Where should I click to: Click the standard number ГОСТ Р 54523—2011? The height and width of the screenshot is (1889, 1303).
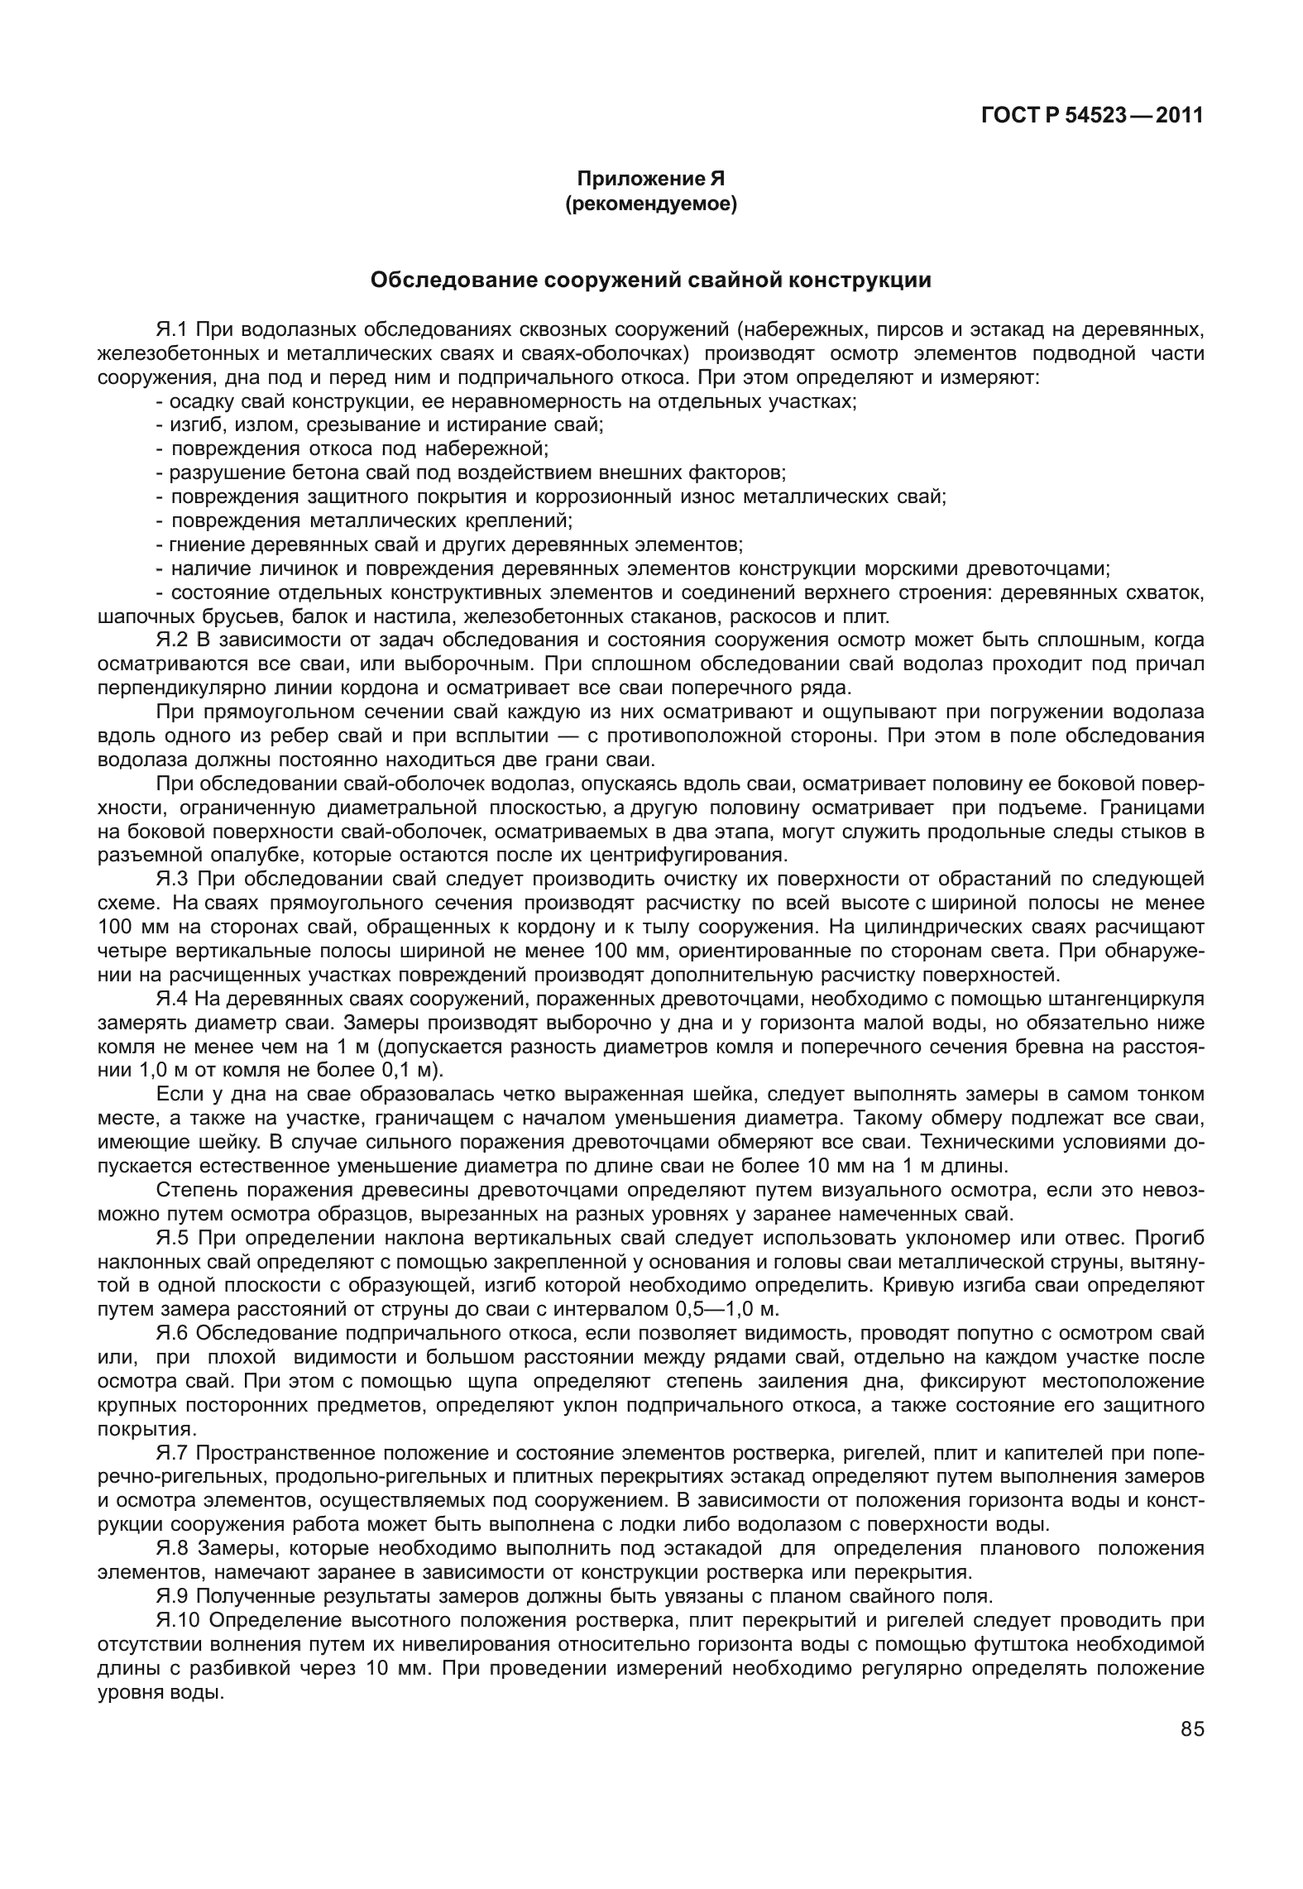[1091, 116]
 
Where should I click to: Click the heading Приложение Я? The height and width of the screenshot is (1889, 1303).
[650, 179]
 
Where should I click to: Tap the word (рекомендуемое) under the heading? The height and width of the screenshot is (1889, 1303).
[650, 203]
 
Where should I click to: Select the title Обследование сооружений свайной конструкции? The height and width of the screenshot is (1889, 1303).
[650, 280]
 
